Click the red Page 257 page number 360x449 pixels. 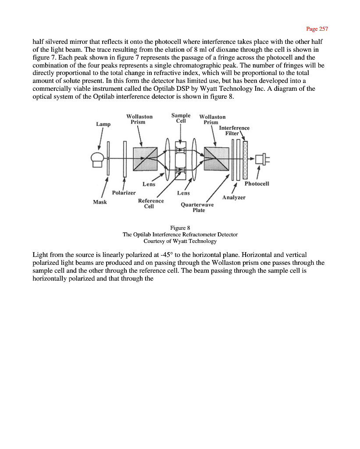pos(317,29)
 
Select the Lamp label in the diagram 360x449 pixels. pos(103,124)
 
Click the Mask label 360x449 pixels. pos(100,202)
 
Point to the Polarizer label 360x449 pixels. pos(124,192)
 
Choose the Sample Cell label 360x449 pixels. pos(181,118)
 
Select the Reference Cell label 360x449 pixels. pos(150,203)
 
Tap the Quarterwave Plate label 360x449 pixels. pos(198,207)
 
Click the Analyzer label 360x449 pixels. pos(234,197)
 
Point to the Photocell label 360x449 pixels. pos(257,184)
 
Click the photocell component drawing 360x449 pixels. pos(262,159)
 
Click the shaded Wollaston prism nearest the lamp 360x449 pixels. pos(145,159)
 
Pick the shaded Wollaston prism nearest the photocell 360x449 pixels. pos(216,159)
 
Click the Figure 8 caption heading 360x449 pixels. pos(180,228)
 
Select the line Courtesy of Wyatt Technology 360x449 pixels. pos(180,241)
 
